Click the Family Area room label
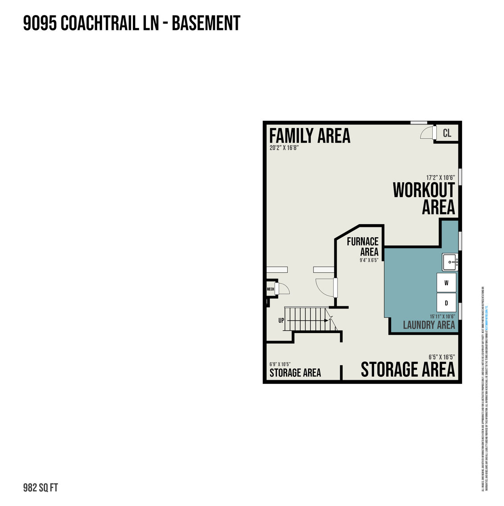310,136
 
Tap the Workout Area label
423,198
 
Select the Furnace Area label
363,247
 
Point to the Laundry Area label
429,325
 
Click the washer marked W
446,283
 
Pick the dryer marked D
446,303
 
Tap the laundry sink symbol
450,262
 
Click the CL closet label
447,133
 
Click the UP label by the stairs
281,320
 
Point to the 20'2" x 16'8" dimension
284,148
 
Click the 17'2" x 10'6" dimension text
440,177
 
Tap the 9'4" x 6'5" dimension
369,260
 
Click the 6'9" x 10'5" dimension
280,364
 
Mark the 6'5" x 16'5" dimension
442,357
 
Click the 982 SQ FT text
41,487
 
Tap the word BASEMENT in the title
206,23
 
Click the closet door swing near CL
427,133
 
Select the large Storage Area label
408,370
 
